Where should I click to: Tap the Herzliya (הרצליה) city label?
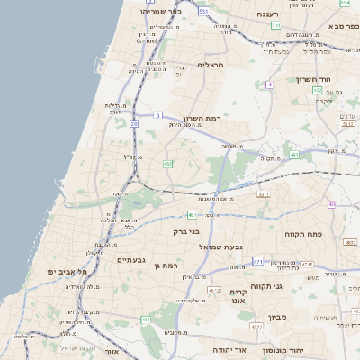(210, 65)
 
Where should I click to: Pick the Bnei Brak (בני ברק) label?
(186, 231)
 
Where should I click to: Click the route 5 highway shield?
(157, 115)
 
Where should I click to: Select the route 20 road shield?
(133, 123)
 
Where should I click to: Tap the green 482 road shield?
(167, 163)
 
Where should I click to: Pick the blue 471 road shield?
(258, 262)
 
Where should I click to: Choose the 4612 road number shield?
(214, 290)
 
